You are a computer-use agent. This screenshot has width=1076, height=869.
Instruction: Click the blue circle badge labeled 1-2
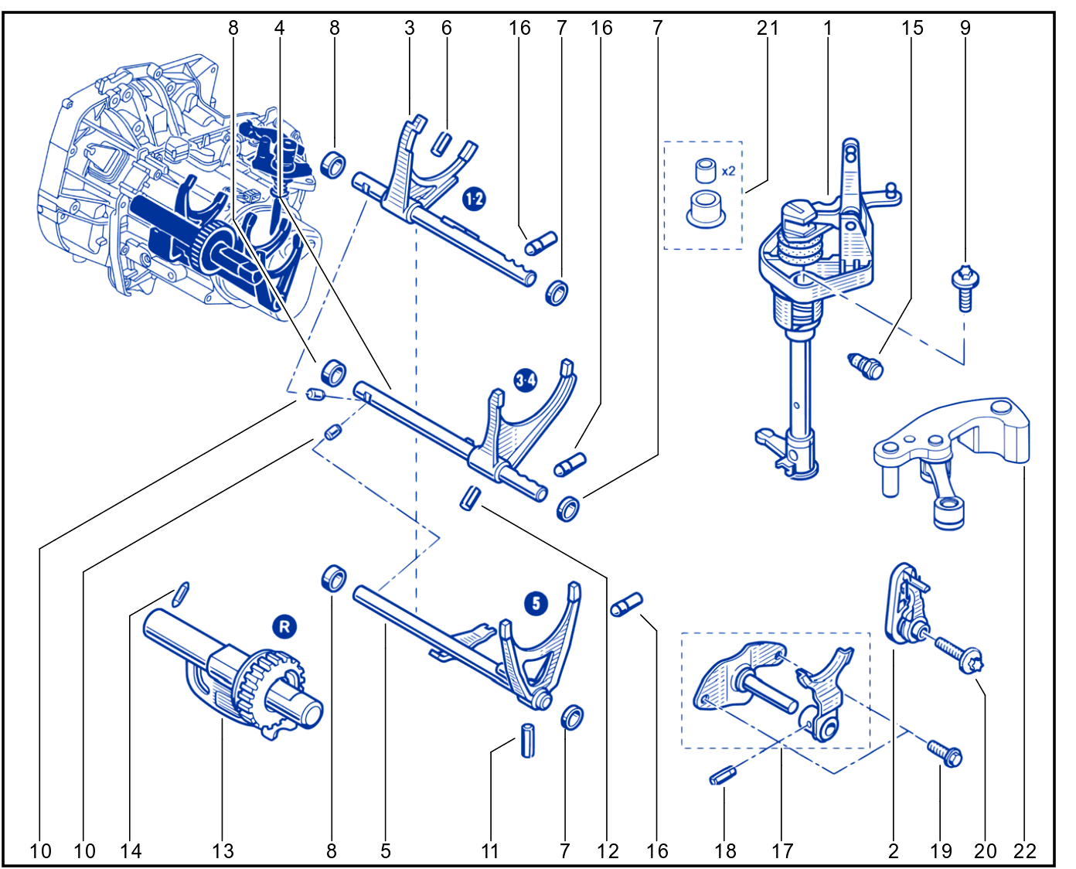click(x=473, y=199)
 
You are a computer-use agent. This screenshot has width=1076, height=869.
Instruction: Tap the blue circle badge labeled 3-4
click(x=526, y=380)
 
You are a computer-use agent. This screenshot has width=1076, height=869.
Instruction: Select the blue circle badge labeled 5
click(x=536, y=603)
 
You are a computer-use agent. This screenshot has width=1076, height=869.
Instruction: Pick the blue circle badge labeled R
click(x=284, y=627)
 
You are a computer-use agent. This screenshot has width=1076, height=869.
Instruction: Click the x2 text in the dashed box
click(x=728, y=172)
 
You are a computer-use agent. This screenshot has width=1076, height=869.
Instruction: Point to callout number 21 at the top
click(x=768, y=28)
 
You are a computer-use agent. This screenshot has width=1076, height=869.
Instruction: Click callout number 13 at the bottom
click(x=223, y=851)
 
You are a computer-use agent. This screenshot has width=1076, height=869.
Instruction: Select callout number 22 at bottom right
click(x=1024, y=851)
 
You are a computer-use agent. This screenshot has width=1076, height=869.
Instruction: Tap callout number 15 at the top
click(x=912, y=28)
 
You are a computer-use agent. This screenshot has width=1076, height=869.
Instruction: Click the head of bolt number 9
click(x=965, y=278)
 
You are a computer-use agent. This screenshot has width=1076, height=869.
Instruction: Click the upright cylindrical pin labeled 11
click(x=527, y=740)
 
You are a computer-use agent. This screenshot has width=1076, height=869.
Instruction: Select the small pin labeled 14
click(x=180, y=595)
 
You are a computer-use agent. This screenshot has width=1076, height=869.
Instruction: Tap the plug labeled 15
click(x=866, y=366)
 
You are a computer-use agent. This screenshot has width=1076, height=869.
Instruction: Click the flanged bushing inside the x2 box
click(x=706, y=210)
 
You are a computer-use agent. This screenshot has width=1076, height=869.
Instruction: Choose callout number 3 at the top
click(x=409, y=28)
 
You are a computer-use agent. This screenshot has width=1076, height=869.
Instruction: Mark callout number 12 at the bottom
click(x=608, y=851)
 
